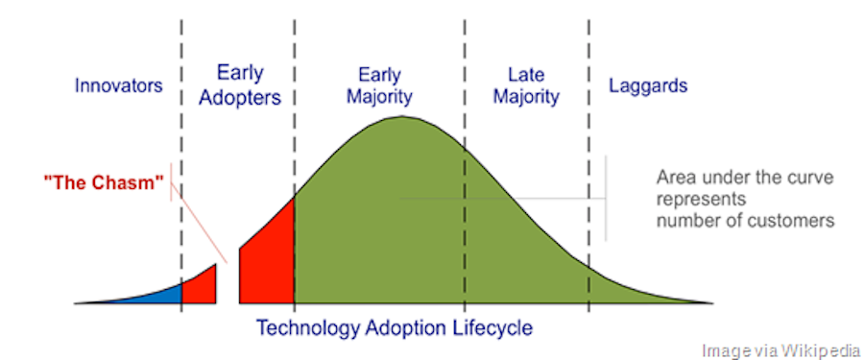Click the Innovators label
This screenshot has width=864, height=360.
pos(119,85)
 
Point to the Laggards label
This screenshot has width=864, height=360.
pos(648,85)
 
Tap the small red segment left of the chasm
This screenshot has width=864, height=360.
pos(200,286)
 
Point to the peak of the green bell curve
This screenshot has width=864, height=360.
pos(403,119)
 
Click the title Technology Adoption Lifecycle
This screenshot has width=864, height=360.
pos(394,327)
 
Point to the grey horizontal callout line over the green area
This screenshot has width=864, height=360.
pos(499,199)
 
